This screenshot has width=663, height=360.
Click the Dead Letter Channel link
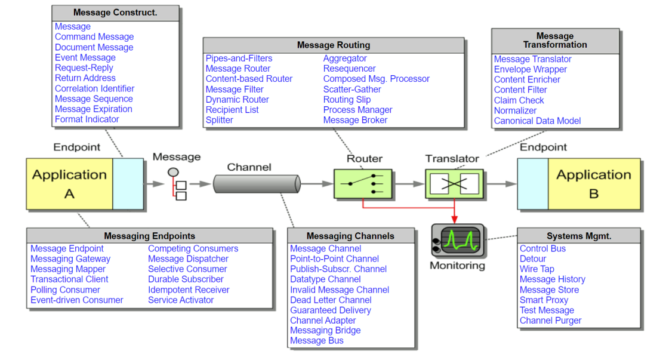tap(331, 300)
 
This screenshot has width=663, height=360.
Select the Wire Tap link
tap(536, 269)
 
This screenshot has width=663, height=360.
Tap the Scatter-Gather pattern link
tap(352, 89)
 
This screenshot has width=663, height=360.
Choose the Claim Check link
tap(519, 100)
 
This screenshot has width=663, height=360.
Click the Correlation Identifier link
tap(94, 88)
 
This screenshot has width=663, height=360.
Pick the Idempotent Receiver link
tap(189, 290)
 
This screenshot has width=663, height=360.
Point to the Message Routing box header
tap(334, 45)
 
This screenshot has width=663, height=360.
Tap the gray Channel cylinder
tap(255, 184)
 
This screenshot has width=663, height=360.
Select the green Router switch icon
tap(362, 184)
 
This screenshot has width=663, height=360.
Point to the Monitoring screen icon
tap(457, 239)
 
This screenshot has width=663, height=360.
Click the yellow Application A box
tap(69, 184)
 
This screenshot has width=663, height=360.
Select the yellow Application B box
tap(593, 184)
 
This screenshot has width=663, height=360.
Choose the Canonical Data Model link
tap(537, 121)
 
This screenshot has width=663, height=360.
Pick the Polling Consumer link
tap(65, 290)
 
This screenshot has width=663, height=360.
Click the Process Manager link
tap(357, 110)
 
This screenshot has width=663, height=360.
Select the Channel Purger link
tap(550, 320)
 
